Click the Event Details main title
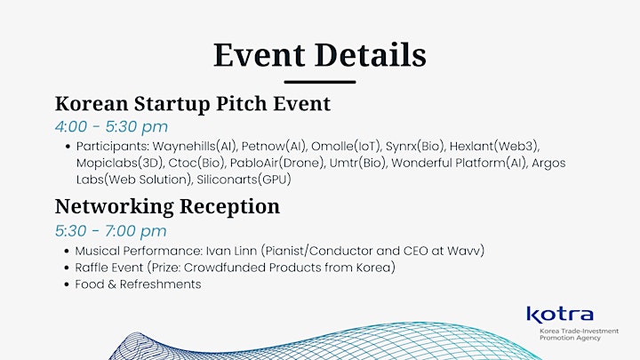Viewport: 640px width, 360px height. (x=320, y=55)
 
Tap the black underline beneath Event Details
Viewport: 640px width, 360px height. (x=320, y=82)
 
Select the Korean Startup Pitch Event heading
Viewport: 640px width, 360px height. (x=193, y=104)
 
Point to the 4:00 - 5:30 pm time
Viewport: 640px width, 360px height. (x=111, y=127)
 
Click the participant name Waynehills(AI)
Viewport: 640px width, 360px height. (x=195, y=147)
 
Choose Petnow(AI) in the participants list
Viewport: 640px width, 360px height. (x=274, y=147)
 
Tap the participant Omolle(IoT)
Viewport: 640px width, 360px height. (x=346, y=147)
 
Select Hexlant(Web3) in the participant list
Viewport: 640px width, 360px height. (x=494, y=147)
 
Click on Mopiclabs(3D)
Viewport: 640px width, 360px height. (x=120, y=164)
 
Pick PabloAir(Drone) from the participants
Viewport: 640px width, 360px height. (x=277, y=164)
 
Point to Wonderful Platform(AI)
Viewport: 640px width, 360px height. (x=459, y=164)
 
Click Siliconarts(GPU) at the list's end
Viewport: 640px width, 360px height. (x=244, y=180)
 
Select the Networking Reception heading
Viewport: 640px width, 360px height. (x=167, y=206)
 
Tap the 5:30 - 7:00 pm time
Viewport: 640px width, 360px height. (x=111, y=231)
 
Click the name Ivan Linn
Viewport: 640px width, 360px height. (x=231, y=251)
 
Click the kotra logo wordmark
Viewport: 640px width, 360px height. (x=560, y=315)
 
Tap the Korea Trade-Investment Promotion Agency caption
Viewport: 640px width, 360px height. (x=580, y=334)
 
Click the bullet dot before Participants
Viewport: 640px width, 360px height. (x=68, y=147)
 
